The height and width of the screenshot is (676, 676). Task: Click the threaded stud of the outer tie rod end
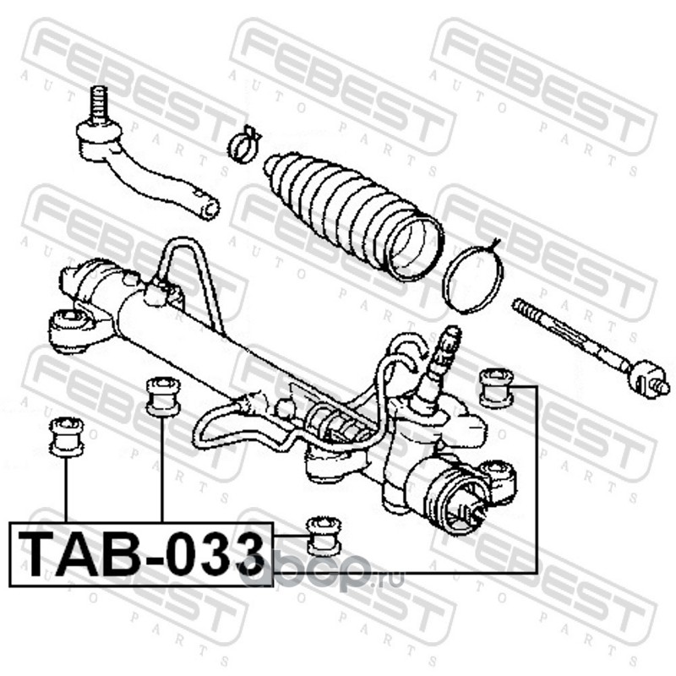coord(98,103)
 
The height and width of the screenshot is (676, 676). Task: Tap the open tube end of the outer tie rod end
coord(209,206)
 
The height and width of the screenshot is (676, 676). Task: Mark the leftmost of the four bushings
coord(65,436)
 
